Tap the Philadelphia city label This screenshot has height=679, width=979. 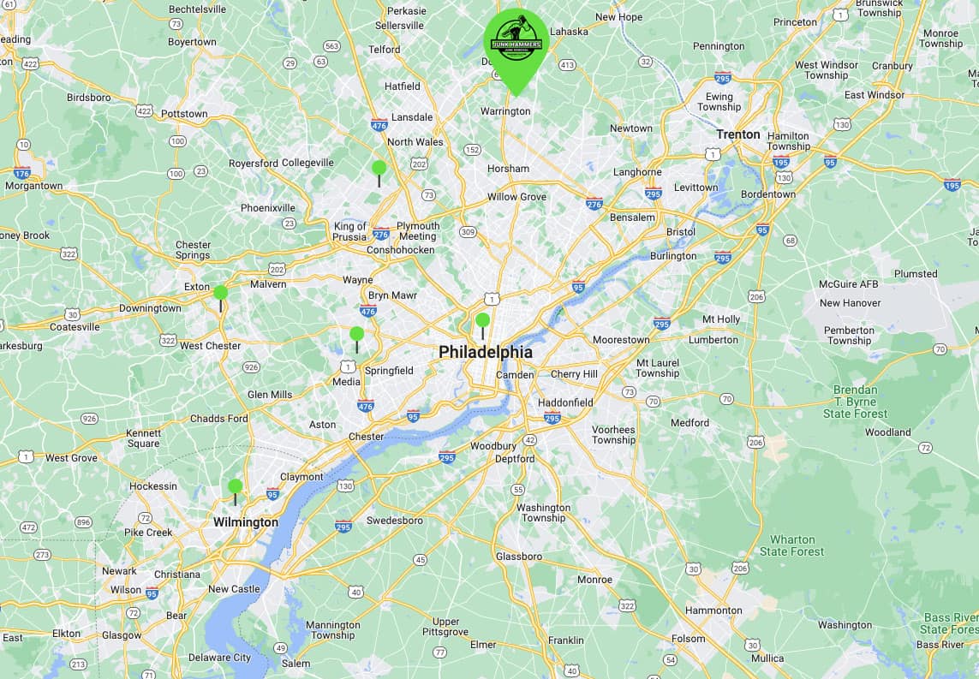(x=485, y=352)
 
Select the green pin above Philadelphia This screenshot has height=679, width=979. (x=482, y=321)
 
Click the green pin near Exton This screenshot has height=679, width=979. (x=220, y=294)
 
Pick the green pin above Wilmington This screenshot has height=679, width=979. (x=235, y=487)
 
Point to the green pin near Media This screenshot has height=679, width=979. (x=356, y=335)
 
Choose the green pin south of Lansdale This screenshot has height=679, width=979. (x=379, y=169)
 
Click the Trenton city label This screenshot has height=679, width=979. (x=737, y=134)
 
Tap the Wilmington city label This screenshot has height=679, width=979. (x=245, y=522)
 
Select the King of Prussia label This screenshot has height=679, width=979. (x=350, y=232)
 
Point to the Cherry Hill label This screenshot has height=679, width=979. (x=574, y=374)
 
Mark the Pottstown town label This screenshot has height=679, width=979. (x=183, y=113)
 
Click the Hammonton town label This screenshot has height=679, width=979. (x=713, y=611)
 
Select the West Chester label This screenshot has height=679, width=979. (x=210, y=346)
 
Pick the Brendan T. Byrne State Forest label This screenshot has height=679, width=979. (x=855, y=402)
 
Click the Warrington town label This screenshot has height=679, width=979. (x=504, y=111)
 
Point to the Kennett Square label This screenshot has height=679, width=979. (x=143, y=438)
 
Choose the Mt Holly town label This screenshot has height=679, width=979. (x=721, y=319)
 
